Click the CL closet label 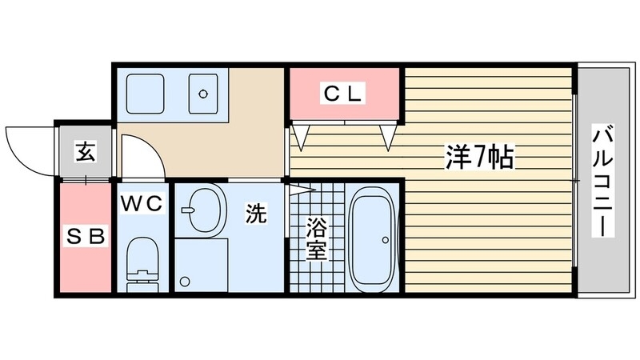[343, 94]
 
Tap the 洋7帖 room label [478, 158]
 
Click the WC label [142, 203]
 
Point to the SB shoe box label [85, 237]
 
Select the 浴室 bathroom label [316, 238]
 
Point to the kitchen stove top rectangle [145, 94]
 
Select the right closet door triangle [390, 136]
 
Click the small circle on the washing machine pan [186, 282]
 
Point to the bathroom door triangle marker [298, 190]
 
